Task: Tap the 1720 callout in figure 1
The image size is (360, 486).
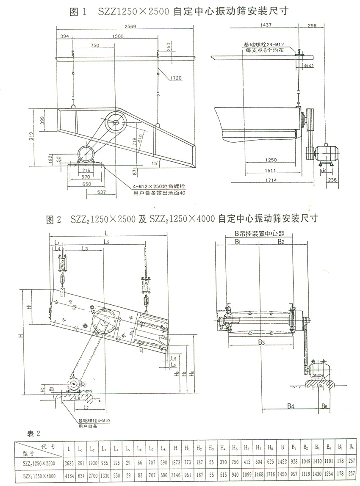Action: point(176,78)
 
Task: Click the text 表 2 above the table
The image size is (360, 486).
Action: point(33,432)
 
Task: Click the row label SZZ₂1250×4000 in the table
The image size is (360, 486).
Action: point(38,475)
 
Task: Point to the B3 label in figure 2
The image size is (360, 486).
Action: point(261,342)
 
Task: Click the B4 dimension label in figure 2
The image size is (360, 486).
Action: point(290,406)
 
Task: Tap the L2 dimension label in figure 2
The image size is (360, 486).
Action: point(106,242)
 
